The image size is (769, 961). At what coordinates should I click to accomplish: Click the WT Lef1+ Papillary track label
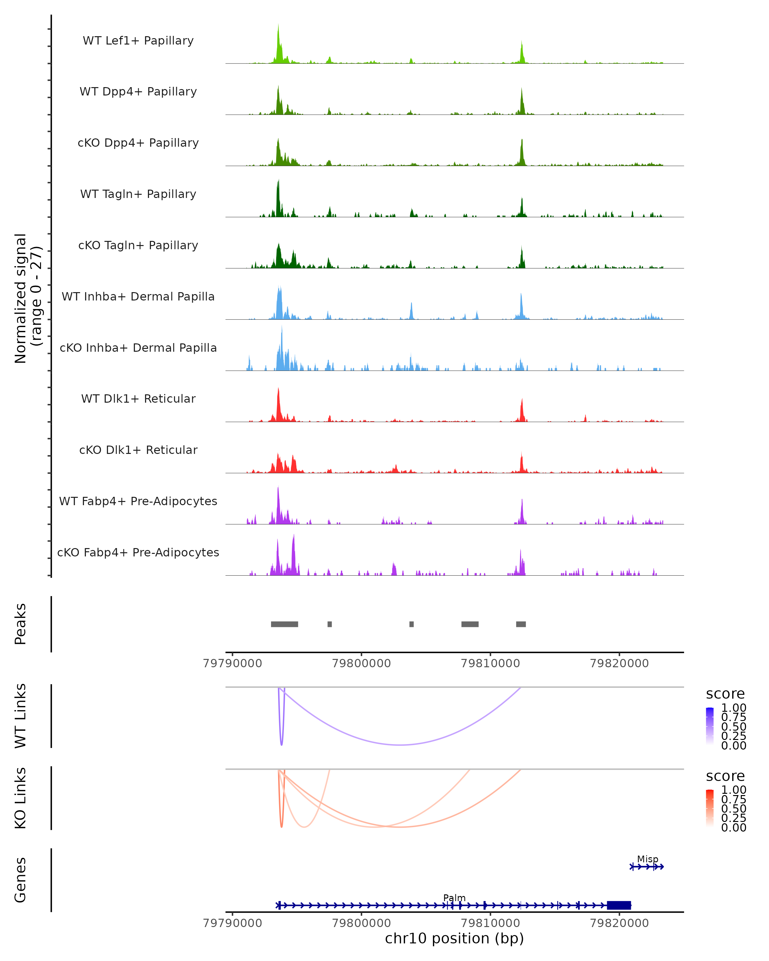coord(138,41)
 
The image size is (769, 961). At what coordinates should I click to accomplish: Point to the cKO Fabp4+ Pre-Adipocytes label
coord(138,552)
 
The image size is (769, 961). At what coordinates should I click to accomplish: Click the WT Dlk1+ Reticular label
coord(138,398)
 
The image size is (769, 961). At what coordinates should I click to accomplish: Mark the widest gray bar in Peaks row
coord(285,624)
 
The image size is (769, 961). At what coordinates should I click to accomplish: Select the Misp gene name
coord(647,859)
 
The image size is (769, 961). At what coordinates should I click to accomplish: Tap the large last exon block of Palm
coord(619,905)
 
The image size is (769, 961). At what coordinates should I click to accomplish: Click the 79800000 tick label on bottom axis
coord(361,923)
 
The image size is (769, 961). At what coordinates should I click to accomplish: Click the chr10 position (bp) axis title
coord(454,939)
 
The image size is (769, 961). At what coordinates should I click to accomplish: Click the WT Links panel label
coord(21,716)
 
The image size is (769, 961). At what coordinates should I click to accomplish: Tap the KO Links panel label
coord(21,798)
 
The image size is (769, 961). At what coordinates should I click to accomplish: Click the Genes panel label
coord(21,880)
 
